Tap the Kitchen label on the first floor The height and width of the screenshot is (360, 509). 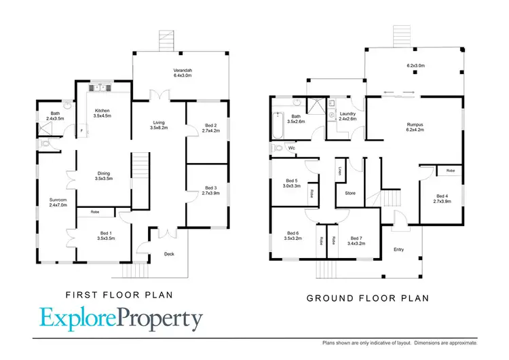pyautogui.click(x=102, y=110)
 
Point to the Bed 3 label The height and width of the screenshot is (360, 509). pyautogui.click(x=210, y=187)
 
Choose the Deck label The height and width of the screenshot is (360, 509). pyautogui.click(x=170, y=255)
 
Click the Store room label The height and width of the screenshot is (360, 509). pyautogui.click(x=350, y=193)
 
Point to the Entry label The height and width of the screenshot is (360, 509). pyautogui.click(x=398, y=249)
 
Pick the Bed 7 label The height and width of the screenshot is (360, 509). pyautogui.click(x=356, y=238)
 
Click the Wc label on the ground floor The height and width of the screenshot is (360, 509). pyautogui.click(x=291, y=147)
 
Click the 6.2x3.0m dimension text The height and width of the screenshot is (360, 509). pyautogui.click(x=415, y=67)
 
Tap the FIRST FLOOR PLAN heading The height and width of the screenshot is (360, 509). pyautogui.click(x=119, y=295)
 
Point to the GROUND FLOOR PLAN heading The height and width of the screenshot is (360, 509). pyautogui.click(x=369, y=297)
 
